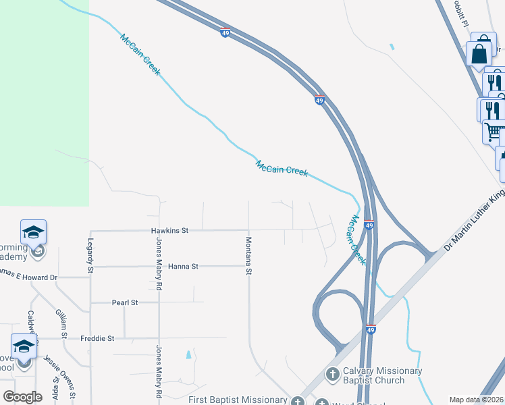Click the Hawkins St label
click(x=169, y=230)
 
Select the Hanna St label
click(x=183, y=267)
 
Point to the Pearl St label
click(x=124, y=302)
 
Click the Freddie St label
click(x=98, y=338)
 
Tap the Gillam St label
click(x=61, y=325)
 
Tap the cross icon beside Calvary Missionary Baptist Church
click(x=332, y=374)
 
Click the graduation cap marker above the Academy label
click(x=33, y=233)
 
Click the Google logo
click(x=22, y=397)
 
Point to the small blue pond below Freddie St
click(x=188, y=354)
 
